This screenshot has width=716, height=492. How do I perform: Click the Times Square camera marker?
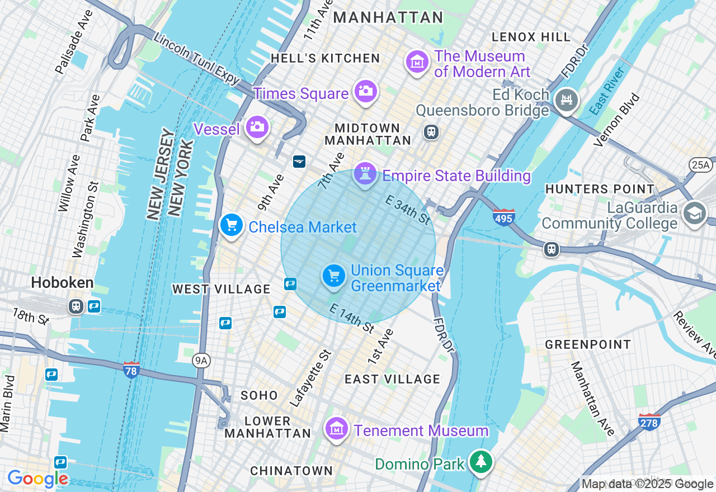pos(365,91)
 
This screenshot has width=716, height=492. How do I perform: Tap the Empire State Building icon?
pos(365,174)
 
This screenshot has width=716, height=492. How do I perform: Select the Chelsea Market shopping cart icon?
pos(231,225)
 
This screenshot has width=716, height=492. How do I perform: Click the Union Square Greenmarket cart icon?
pos(334,276)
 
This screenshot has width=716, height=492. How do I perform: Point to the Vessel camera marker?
pos(257,127)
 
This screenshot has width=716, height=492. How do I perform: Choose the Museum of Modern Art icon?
pos(417,62)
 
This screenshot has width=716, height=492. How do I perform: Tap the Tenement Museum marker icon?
pos(337,429)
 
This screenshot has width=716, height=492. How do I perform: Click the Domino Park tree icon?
pos(481,462)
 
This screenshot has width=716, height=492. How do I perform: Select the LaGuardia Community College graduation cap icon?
pos(695,213)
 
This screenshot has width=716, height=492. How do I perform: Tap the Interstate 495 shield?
pos(504,217)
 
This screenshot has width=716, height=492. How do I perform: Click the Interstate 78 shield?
pos(131,369)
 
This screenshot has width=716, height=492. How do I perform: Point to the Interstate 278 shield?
pos(649,421)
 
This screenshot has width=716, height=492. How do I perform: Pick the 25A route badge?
pos(699,164)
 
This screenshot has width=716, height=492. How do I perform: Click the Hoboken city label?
pos(62,283)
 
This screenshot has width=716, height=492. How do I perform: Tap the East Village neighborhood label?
pos(392,379)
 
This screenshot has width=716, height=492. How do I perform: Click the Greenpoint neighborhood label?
pos(588,344)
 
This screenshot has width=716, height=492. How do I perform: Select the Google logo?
pos(37,479)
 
